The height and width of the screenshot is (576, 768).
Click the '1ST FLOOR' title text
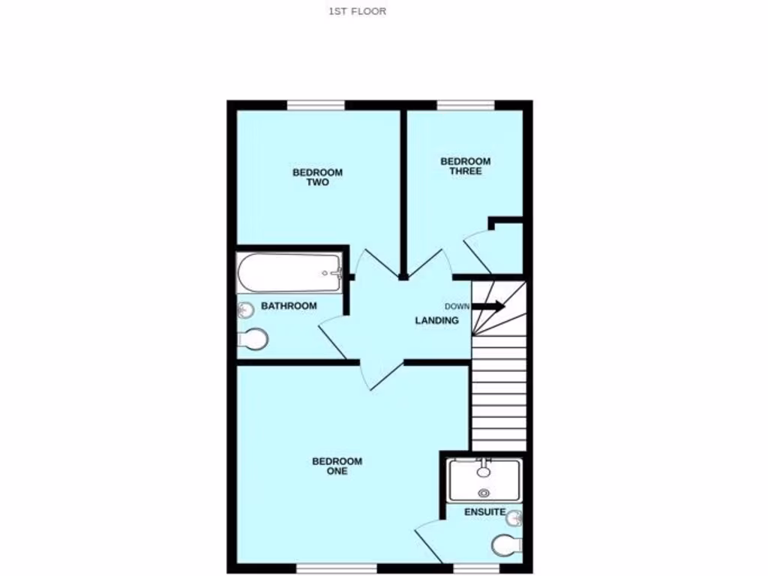click(357, 11)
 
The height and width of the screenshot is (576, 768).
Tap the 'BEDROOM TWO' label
click(317, 177)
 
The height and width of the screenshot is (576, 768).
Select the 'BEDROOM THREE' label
click(465, 166)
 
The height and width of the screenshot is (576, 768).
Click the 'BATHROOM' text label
click(289, 306)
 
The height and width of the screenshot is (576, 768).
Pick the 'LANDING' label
click(437, 320)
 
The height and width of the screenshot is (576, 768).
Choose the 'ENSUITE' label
click(483, 512)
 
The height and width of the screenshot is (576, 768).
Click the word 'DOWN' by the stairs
click(457, 306)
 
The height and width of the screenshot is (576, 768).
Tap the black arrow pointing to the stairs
click(489, 305)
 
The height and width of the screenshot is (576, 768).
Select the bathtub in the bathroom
click(289, 273)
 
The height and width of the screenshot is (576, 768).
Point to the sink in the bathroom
click(245, 309)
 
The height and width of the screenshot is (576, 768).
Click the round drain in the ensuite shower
click(484, 493)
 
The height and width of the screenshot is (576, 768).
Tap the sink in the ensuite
click(514, 517)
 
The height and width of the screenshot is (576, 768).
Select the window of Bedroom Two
click(316, 105)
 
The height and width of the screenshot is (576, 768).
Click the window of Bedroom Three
click(466, 105)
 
